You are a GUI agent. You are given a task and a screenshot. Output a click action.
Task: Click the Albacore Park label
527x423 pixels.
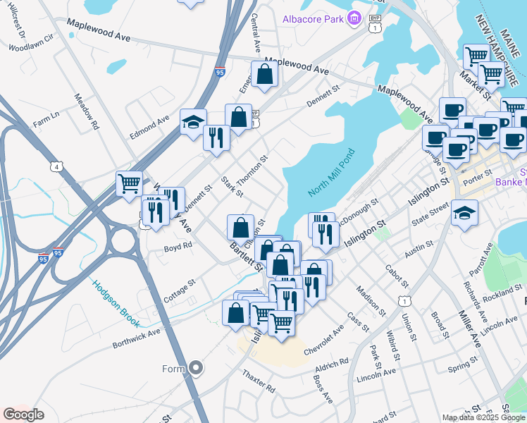312,18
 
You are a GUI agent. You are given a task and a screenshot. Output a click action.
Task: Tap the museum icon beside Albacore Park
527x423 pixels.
355,18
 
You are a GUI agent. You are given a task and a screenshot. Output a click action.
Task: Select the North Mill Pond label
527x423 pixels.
332,173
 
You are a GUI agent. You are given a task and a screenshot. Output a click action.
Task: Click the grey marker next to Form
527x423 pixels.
197,368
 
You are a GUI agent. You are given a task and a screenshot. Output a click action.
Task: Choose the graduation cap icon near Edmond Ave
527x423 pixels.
193,122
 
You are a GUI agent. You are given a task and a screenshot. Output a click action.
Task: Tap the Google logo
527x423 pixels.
23,415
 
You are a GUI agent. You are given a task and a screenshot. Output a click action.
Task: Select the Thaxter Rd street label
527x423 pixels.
258,381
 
